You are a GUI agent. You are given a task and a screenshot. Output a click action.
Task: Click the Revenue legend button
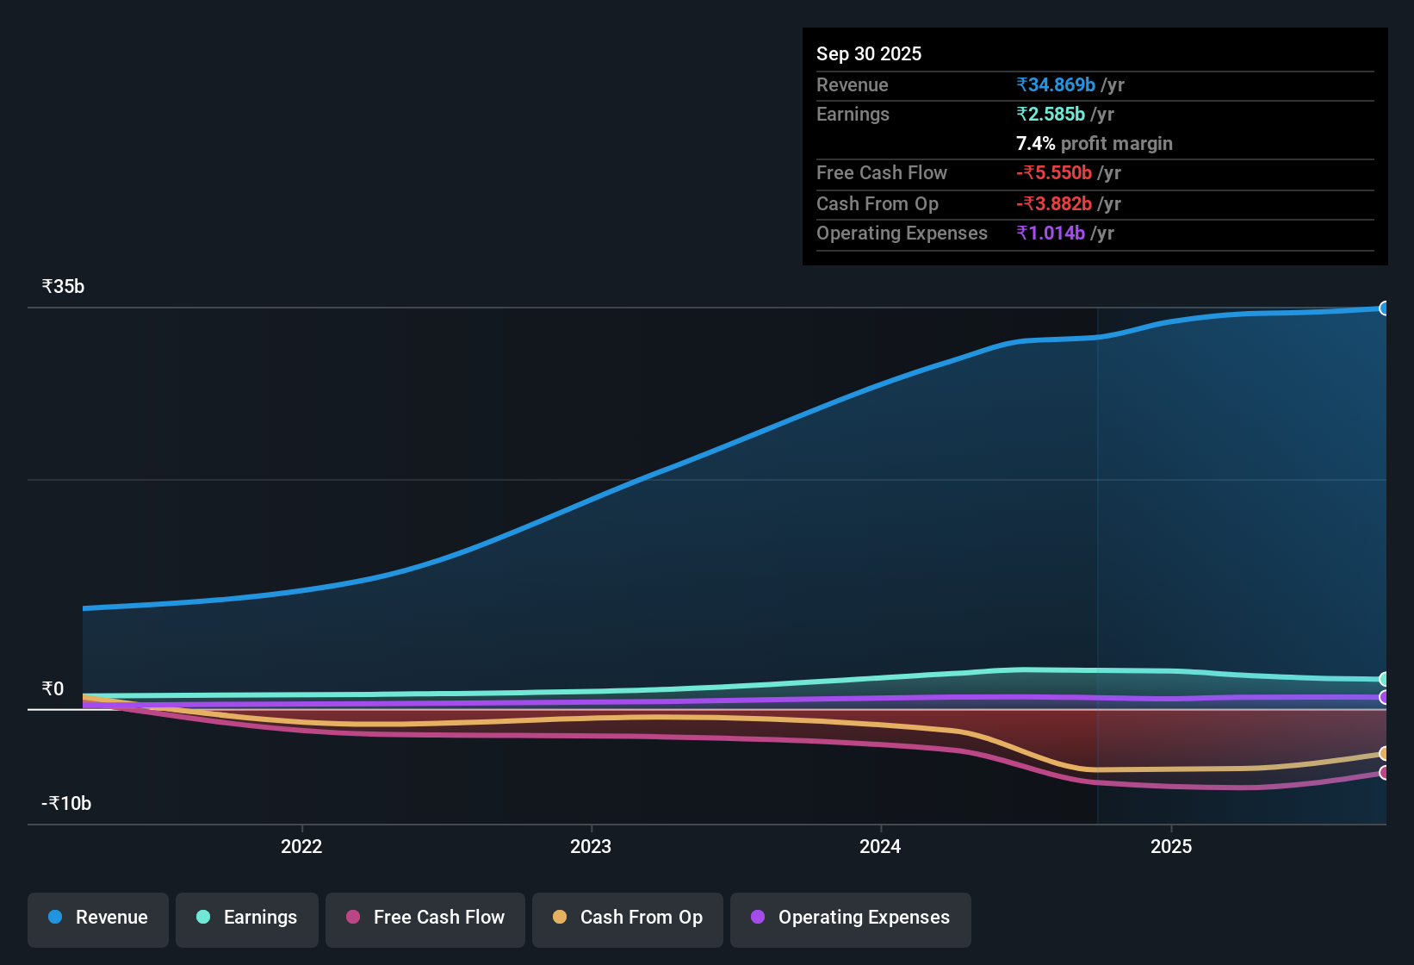click(x=98, y=918)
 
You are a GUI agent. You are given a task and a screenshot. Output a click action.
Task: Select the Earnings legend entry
click(x=247, y=918)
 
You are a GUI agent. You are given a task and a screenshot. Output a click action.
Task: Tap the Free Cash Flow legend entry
click(x=425, y=918)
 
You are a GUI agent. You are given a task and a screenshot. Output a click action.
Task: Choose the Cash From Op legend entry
click(x=628, y=918)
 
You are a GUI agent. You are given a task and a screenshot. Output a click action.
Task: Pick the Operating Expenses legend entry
click(x=851, y=918)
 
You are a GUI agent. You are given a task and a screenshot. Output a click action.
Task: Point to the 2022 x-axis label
click(x=301, y=846)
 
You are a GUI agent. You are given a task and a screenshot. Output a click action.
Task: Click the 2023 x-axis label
click(x=591, y=846)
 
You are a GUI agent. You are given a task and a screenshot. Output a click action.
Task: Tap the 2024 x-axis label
click(x=880, y=846)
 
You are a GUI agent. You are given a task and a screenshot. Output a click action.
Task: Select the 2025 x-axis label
click(x=1171, y=846)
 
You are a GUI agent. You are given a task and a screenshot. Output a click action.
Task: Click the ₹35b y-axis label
click(x=63, y=287)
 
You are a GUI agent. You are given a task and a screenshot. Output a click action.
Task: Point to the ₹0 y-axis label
click(x=53, y=688)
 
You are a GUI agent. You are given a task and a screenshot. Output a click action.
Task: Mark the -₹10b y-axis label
click(x=66, y=803)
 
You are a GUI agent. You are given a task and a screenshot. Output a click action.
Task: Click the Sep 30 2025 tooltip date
click(x=869, y=53)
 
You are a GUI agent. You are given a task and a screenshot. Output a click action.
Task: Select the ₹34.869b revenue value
click(x=1056, y=84)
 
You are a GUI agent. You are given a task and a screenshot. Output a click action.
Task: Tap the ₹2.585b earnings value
click(x=1051, y=114)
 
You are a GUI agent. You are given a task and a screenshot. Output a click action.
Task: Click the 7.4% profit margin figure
click(x=1035, y=143)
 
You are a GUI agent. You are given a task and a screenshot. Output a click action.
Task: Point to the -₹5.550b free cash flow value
click(x=1054, y=172)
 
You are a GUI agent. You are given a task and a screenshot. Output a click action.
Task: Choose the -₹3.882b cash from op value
click(x=1054, y=203)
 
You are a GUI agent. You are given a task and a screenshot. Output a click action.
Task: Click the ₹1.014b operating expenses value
click(x=1051, y=233)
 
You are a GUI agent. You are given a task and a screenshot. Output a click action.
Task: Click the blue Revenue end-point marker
click(x=1384, y=308)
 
